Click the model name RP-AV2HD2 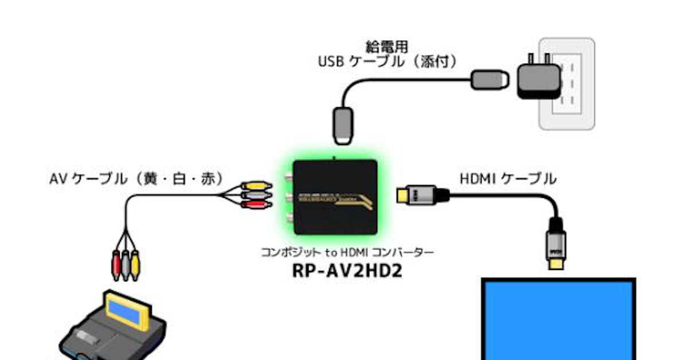[x=348, y=269]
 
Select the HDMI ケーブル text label [x=507, y=179]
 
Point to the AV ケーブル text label [x=136, y=179]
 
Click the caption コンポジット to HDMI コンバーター [x=348, y=251]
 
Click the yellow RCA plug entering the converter [x=253, y=186]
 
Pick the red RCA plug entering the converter [x=253, y=204]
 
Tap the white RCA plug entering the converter [x=253, y=195]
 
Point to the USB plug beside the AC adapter [x=490, y=79]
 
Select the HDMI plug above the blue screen [x=557, y=244]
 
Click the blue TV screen [x=558, y=321]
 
